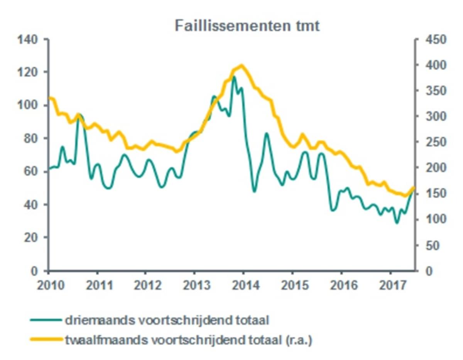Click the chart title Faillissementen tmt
click(247, 27)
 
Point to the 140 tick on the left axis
click(28, 40)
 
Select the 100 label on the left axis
click(28, 106)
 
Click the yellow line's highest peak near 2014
click(242, 66)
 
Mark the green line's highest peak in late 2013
click(234, 77)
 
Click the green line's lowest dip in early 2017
click(396, 222)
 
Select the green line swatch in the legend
click(46, 320)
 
